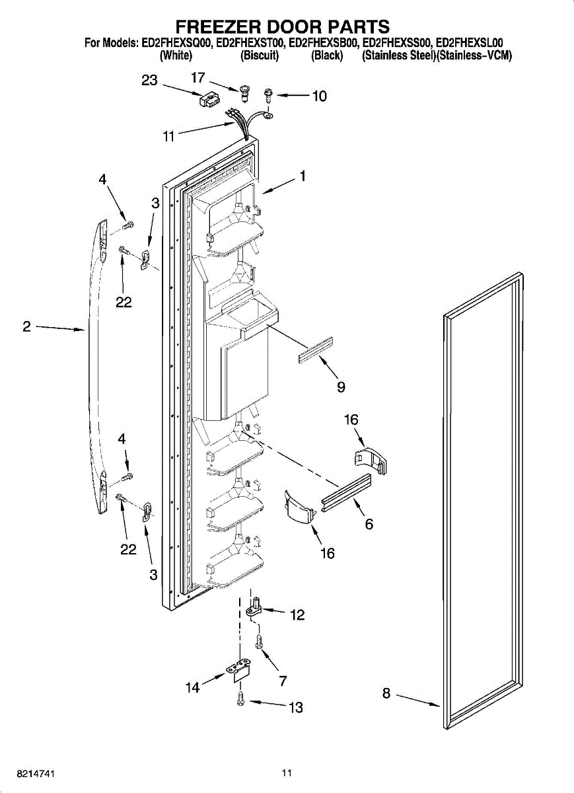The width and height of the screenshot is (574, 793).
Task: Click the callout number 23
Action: (150, 80)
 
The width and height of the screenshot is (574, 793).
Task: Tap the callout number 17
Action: (198, 78)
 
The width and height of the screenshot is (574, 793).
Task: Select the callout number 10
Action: (319, 96)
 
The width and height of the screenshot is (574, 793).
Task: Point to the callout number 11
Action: (169, 137)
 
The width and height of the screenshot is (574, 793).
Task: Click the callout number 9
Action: (341, 387)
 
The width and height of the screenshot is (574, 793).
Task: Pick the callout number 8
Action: (386, 693)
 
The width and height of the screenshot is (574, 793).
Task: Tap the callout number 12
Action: (297, 615)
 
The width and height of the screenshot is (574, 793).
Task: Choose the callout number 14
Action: (192, 687)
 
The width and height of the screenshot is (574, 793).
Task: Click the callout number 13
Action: (296, 708)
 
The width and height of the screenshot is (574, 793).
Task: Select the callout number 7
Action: (282, 681)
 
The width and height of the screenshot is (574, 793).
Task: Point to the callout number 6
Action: (369, 524)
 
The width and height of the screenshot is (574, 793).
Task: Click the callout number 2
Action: (26, 326)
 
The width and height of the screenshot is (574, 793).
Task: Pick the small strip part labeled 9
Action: (316, 350)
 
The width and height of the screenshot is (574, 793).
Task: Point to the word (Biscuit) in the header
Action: (260, 56)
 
